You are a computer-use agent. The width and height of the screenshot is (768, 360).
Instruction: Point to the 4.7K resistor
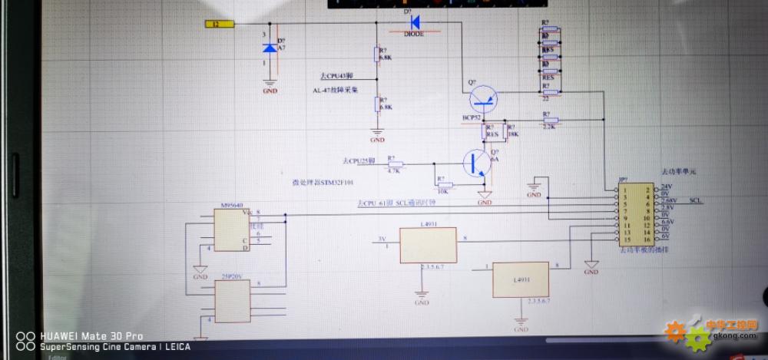(393, 164)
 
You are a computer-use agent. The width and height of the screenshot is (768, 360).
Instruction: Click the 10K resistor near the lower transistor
(443, 185)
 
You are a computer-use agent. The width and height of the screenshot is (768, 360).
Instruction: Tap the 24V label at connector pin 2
(665, 187)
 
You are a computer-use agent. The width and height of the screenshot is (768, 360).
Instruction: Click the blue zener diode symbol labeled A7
(269, 48)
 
